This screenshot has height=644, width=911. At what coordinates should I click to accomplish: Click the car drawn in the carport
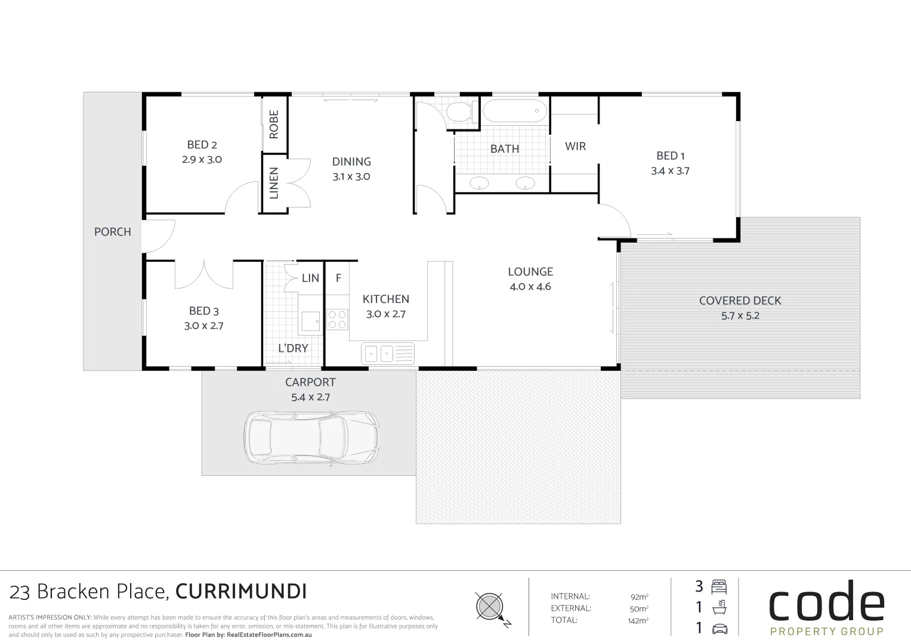tap(311, 438)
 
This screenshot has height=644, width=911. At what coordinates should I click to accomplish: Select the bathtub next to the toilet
tap(514, 111)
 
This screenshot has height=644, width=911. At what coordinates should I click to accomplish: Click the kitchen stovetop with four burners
tap(337, 319)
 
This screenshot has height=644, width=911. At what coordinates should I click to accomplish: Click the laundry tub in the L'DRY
tap(310, 321)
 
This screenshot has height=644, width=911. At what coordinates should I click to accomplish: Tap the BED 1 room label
tap(670, 156)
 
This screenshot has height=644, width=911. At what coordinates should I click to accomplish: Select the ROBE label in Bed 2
tap(274, 124)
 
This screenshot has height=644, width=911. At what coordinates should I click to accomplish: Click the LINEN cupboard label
tap(274, 182)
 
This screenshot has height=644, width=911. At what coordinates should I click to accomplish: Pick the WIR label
tap(575, 146)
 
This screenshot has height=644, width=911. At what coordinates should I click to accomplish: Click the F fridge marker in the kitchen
tap(338, 278)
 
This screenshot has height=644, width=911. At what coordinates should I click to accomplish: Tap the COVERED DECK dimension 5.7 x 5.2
tap(740, 316)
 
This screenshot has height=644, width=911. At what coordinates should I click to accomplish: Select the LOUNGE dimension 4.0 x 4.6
tap(530, 287)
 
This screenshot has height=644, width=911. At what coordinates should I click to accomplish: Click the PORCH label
tap(112, 232)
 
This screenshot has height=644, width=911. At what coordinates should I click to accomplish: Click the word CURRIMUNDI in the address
tap(241, 592)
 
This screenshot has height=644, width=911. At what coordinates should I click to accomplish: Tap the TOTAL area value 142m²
tap(637, 621)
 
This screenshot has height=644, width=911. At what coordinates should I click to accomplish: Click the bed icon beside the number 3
tap(719, 586)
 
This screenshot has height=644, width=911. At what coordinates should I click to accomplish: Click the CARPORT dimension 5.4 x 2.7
tap(310, 397)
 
